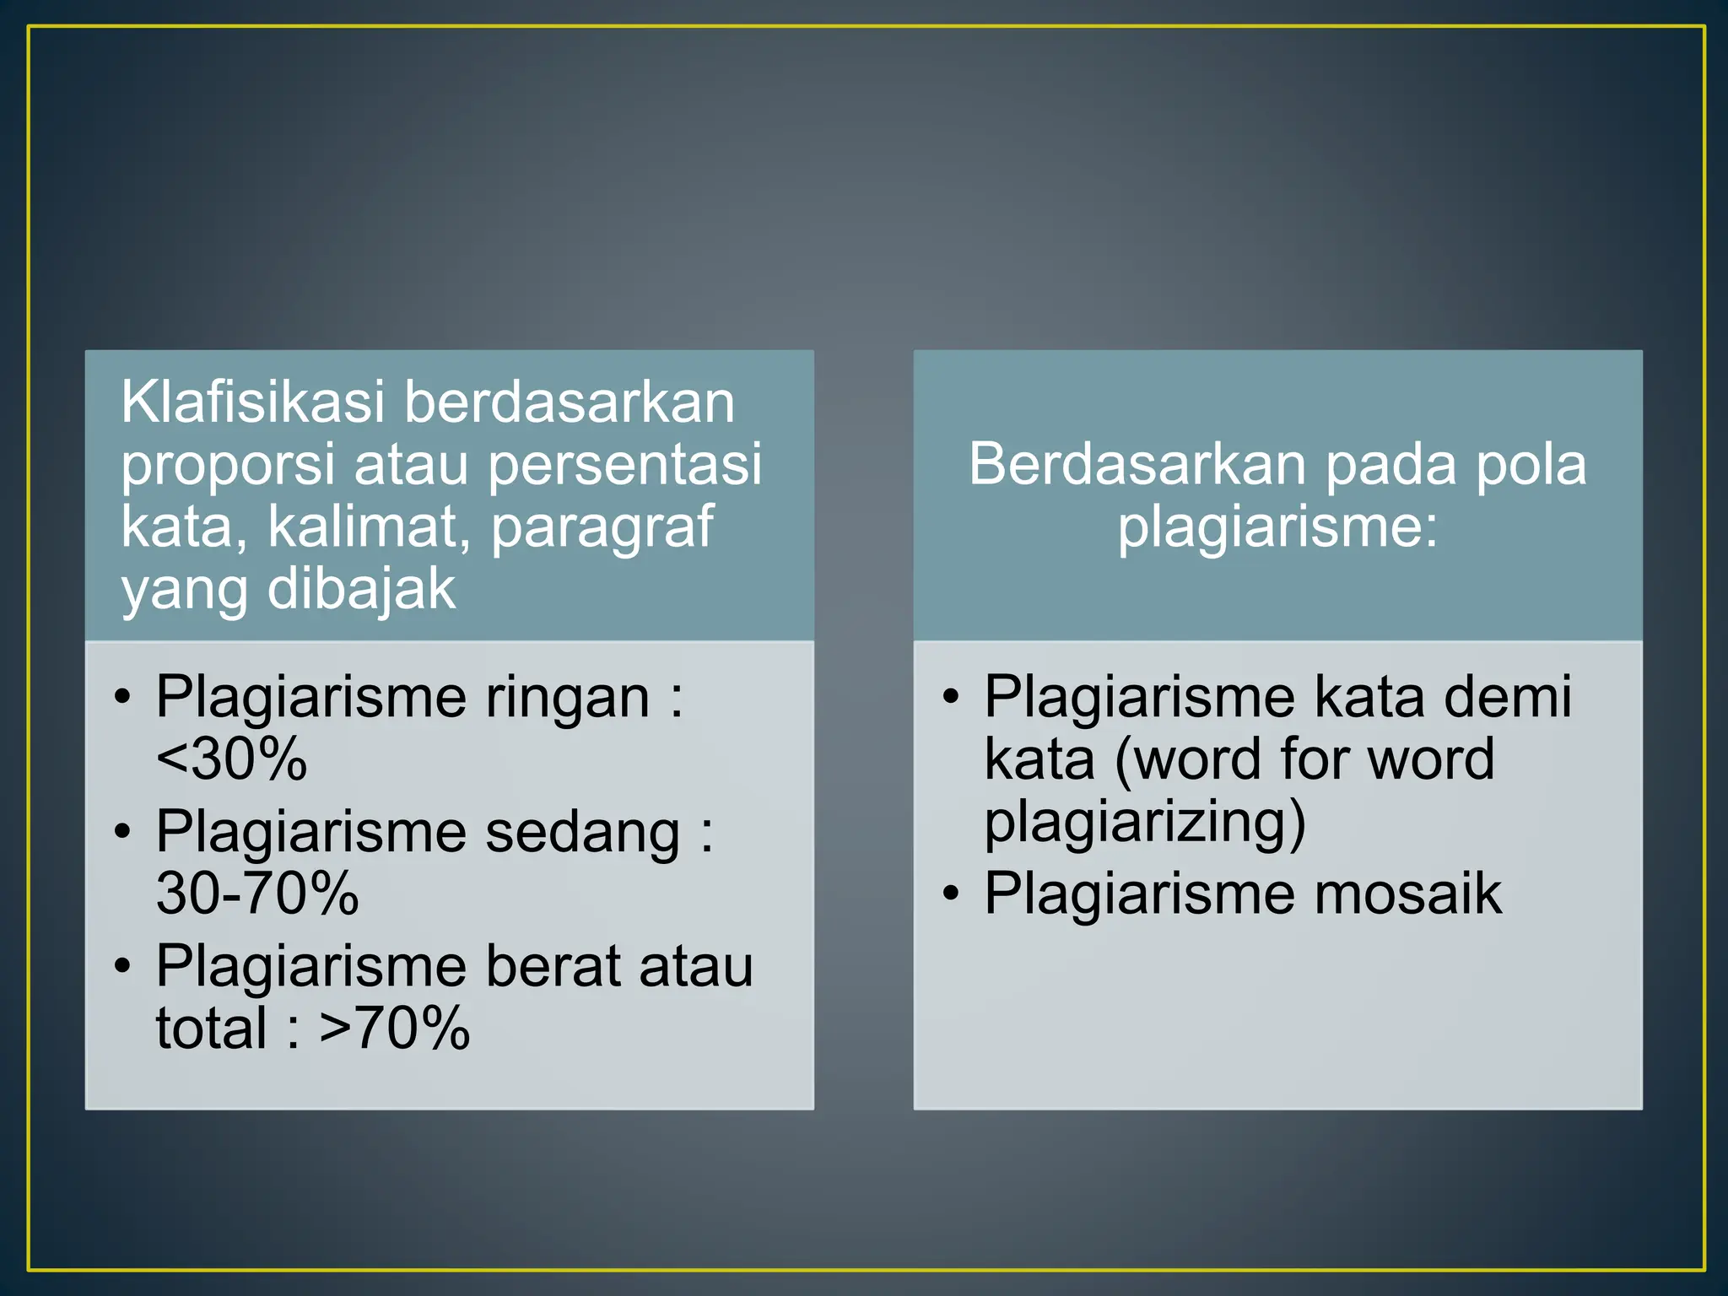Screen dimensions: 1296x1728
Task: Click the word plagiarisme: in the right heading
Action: tap(1277, 526)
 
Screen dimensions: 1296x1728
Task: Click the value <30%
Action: tap(232, 759)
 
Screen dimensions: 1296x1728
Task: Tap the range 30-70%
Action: tap(257, 894)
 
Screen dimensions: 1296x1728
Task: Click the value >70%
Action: tap(394, 1029)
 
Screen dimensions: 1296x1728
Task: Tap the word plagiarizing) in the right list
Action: tap(1145, 823)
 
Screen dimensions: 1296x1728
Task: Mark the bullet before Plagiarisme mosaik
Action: tap(951, 895)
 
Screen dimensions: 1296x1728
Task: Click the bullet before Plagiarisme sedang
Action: tap(123, 832)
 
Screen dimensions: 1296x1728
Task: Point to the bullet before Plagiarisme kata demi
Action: tap(951, 697)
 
